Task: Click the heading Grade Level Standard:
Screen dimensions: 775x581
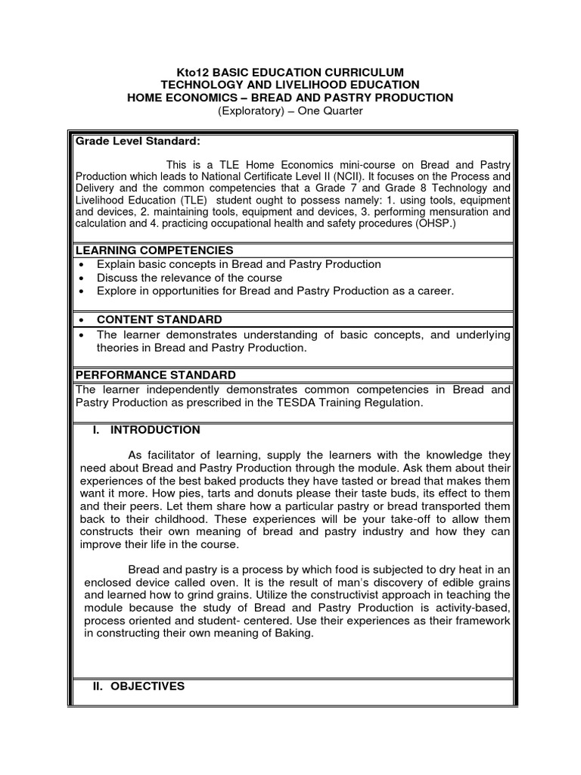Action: tap(137, 141)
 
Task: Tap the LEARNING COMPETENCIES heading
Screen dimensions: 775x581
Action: tap(154, 251)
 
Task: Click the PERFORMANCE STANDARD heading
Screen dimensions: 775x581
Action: tap(154, 375)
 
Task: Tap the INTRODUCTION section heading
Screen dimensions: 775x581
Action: tap(155, 430)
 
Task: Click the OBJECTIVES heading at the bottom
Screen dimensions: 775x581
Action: tap(148, 686)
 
